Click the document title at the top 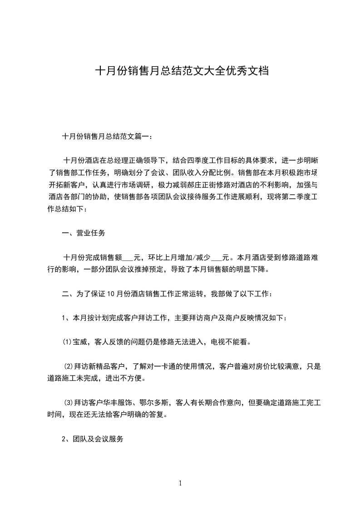[180, 71]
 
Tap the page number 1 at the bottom [180, 483]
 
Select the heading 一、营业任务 [84, 234]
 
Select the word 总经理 [118, 161]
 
